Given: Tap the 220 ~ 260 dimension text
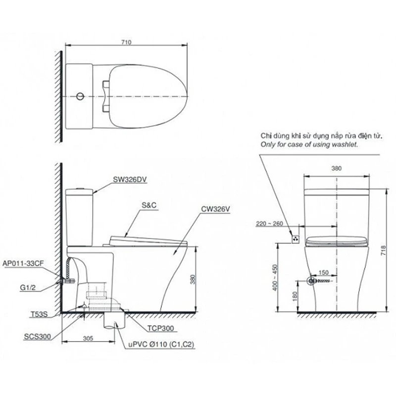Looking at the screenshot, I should coord(270,223).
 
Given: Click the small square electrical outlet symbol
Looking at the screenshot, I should coord(296,239).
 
